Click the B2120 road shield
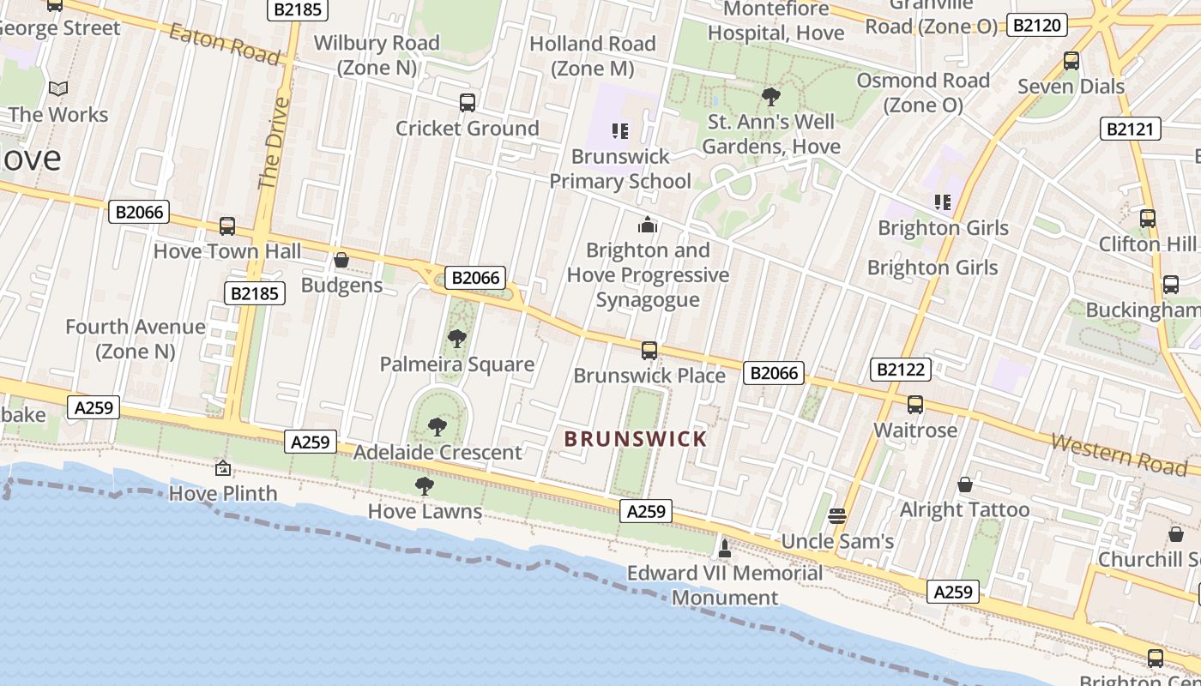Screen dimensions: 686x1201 (x=1036, y=25)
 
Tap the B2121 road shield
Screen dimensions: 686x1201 (x=1131, y=129)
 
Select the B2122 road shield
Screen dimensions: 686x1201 (x=901, y=370)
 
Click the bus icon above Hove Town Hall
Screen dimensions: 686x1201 (x=227, y=226)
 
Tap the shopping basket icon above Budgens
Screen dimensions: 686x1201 (x=341, y=260)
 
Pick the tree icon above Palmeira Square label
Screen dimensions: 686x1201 (x=457, y=339)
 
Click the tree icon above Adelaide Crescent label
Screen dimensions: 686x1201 (x=438, y=426)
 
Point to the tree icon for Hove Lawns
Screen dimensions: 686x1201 (x=424, y=486)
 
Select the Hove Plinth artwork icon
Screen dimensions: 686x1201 (x=223, y=468)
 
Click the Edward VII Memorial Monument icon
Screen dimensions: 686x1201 (x=725, y=547)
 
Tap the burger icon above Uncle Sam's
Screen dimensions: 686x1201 (x=837, y=515)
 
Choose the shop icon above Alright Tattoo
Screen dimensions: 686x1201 (x=965, y=484)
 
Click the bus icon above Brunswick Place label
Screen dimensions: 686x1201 (x=649, y=350)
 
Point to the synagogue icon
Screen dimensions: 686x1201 (x=648, y=225)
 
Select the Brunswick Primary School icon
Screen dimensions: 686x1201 (x=619, y=131)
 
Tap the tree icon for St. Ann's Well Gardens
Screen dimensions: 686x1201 (x=771, y=97)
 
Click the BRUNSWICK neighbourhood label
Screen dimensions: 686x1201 (x=636, y=439)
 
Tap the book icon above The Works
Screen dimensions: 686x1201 (x=58, y=88)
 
